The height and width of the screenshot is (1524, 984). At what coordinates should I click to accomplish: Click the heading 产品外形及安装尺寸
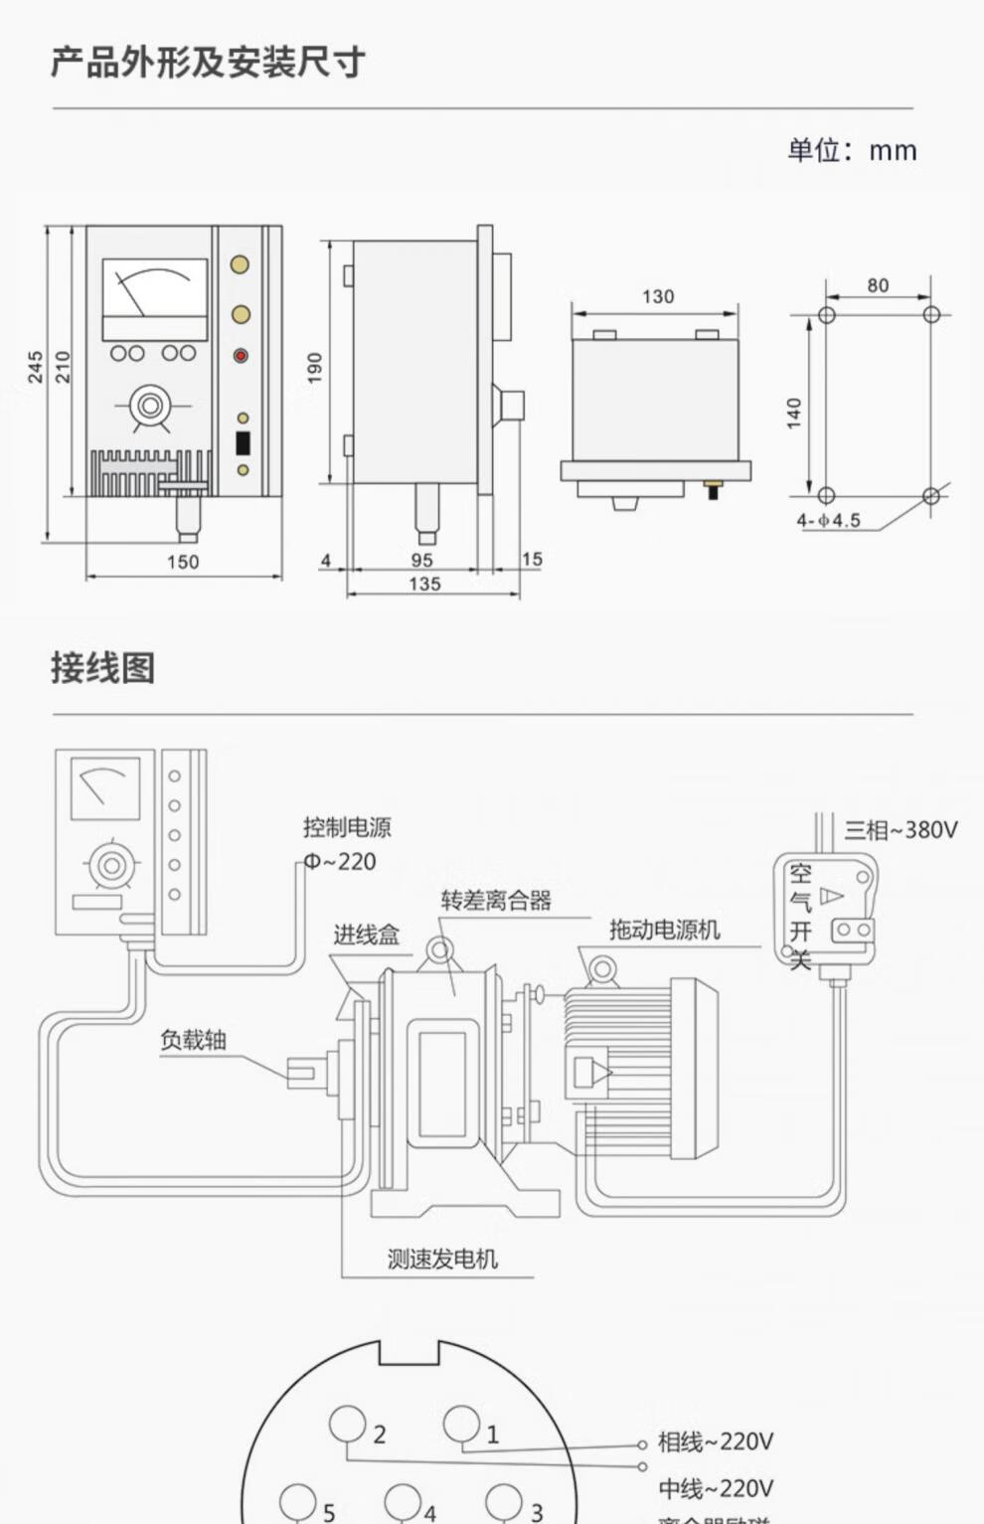[x=208, y=64]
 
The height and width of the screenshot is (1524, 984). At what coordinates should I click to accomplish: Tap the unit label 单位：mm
[x=852, y=150]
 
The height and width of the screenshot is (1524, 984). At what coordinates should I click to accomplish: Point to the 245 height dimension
[x=36, y=367]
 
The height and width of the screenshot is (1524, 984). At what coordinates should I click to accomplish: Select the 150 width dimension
[x=183, y=562]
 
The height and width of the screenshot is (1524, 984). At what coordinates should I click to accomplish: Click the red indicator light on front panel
[x=240, y=355]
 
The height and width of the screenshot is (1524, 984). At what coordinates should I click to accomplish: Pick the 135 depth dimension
[x=424, y=584]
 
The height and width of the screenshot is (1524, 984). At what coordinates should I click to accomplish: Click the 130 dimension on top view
[x=657, y=296]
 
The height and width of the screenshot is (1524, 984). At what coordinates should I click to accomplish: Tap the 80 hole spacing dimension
[x=878, y=285]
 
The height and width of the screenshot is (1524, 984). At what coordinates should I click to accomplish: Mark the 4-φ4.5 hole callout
[x=828, y=520]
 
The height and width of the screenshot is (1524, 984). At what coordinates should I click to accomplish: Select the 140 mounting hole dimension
[x=794, y=413]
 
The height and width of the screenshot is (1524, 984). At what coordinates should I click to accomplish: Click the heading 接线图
[x=103, y=667]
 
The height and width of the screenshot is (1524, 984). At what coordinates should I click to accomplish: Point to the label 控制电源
[x=347, y=827]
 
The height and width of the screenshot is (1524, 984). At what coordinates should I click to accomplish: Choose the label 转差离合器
[x=496, y=901]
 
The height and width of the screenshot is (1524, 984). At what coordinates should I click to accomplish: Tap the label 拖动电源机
[x=664, y=930]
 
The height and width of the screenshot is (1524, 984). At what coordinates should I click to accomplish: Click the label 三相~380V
[x=901, y=829]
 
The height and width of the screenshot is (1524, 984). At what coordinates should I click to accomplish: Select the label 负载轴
[x=193, y=1040]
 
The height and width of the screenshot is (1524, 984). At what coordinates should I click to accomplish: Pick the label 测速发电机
[x=442, y=1259]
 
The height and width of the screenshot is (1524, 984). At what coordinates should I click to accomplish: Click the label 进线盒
[x=366, y=934]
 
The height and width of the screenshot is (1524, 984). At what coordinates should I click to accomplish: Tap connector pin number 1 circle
[x=461, y=1423]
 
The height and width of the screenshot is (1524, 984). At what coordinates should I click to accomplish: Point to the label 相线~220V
[x=715, y=1440]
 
